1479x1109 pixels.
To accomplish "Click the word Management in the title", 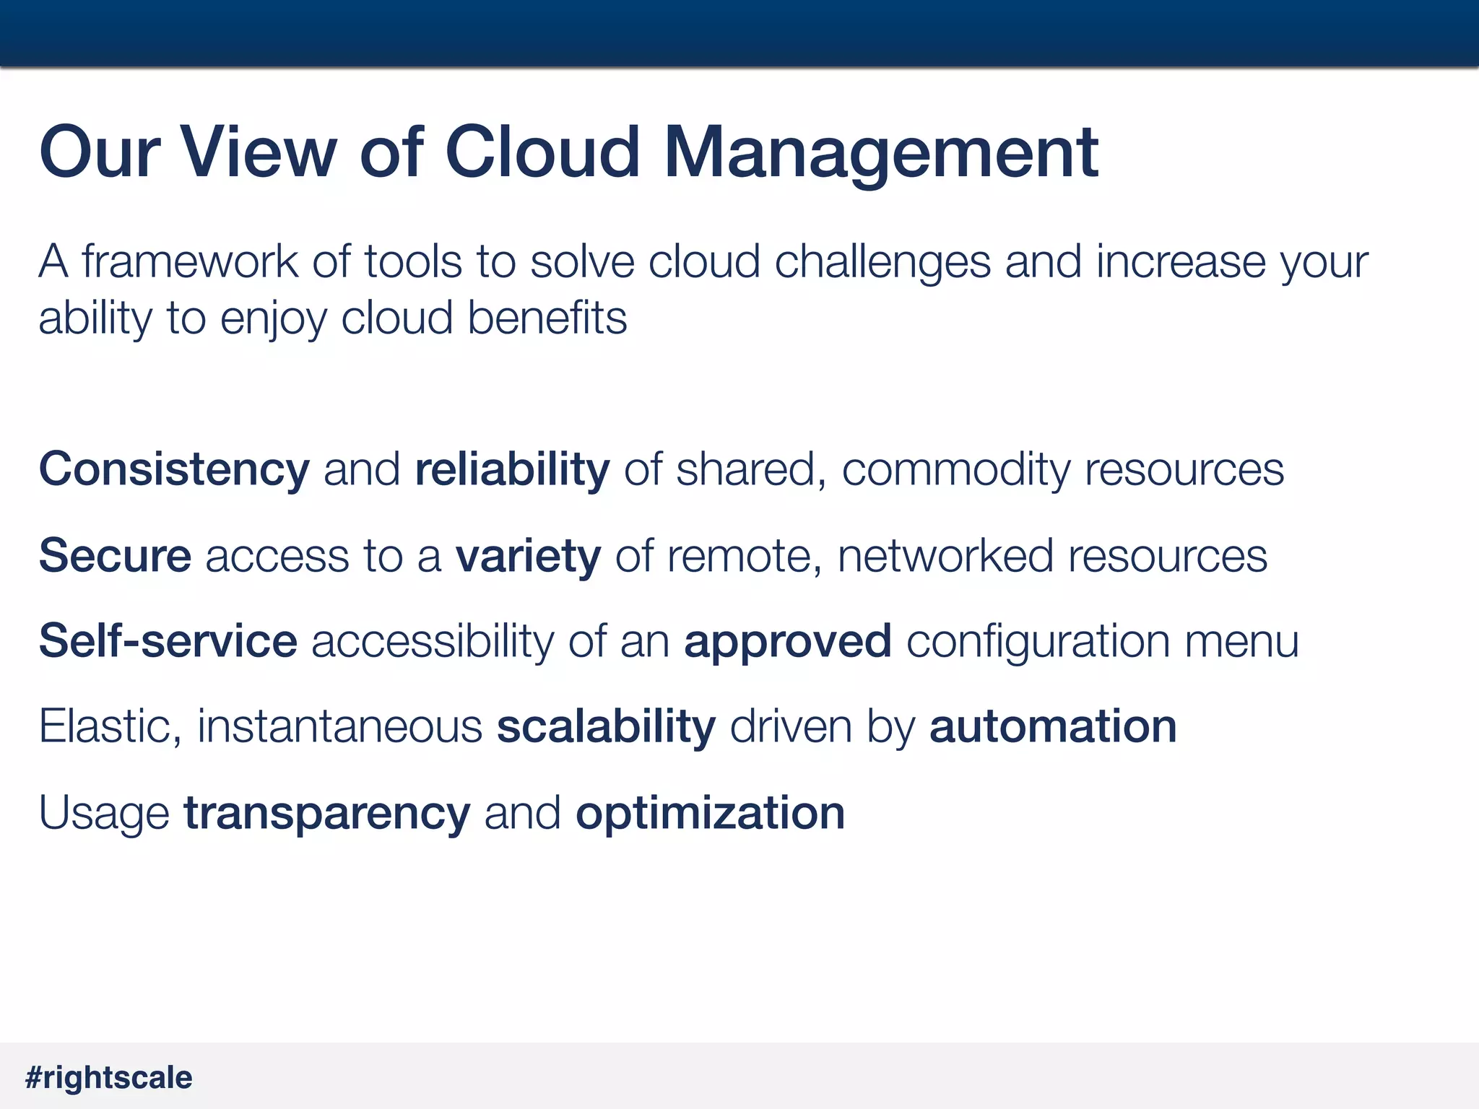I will pos(881,153).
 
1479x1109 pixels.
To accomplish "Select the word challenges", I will pos(882,263).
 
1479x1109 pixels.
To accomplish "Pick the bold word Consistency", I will pos(174,471).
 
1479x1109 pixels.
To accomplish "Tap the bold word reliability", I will pos(512,471).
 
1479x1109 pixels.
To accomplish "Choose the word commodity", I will pos(956,471).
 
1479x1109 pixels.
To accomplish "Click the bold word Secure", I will pos(115,556).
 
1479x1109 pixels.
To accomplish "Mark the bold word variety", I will pos(528,557).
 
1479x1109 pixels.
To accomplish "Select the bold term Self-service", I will pos(168,641).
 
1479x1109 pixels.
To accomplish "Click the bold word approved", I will pos(788,643).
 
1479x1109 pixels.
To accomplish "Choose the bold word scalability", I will pos(606,728).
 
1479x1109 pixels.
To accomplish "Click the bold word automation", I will pos(1053,727).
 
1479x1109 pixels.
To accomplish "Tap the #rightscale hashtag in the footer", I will pos(109,1078).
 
